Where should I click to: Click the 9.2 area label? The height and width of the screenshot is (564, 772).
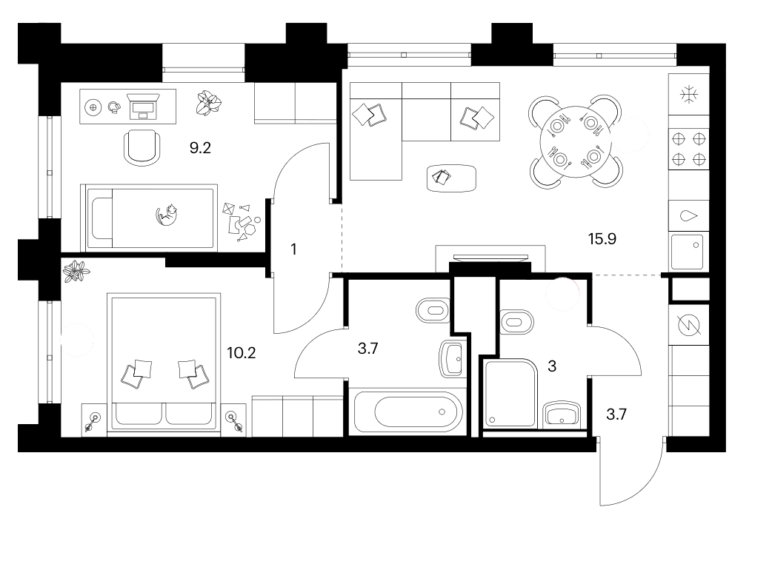click(x=200, y=147)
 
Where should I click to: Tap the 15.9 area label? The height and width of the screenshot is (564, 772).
click(x=602, y=239)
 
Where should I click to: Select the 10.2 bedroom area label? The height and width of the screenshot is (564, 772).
click(x=242, y=352)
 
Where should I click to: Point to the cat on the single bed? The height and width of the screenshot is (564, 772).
click(x=167, y=215)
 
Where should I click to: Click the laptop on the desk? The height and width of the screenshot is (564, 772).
click(x=143, y=106)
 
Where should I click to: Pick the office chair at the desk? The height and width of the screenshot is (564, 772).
click(x=142, y=147)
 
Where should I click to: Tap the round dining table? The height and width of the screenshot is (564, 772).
click(x=576, y=141)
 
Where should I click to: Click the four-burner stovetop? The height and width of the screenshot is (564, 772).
click(x=689, y=149)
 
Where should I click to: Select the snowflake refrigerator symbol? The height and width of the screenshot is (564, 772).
click(x=689, y=94)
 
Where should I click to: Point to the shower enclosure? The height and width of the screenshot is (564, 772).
click(x=510, y=393)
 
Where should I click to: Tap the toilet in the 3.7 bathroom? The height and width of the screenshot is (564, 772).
click(x=432, y=310)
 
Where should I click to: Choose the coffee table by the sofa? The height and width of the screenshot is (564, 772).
click(x=451, y=178)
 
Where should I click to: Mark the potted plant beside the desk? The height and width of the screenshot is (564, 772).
click(x=209, y=103)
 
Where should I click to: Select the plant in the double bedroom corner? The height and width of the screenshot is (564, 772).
click(x=76, y=271)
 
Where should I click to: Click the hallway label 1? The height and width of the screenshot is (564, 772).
click(x=294, y=249)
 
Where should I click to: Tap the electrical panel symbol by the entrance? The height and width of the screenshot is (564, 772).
click(x=689, y=324)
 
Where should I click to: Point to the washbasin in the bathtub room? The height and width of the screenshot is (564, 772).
click(x=452, y=359)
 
